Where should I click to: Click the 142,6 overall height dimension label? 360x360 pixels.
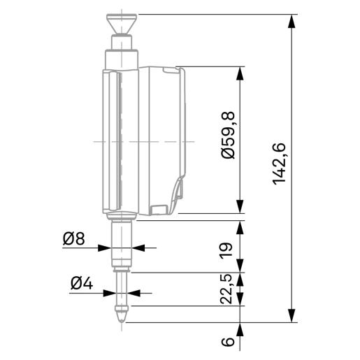pyautogui.click(x=279, y=164)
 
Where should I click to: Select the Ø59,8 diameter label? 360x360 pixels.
pyautogui.click(x=228, y=136)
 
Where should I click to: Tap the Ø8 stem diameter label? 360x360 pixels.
pyautogui.click(x=74, y=239)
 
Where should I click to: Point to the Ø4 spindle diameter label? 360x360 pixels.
pyautogui.click(x=82, y=284)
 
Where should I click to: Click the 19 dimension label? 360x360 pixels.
pyautogui.click(x=226, y=250)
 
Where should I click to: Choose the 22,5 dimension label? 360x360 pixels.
pyautogui.click(x=226, y=289)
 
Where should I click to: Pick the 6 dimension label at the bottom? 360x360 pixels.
pyautogui.click(x=227, y=341)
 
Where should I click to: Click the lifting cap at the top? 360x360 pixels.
pyautogui.click(x=122, y=24)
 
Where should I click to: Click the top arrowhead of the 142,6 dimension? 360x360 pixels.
pyautogui.click(x=291, y=22)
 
